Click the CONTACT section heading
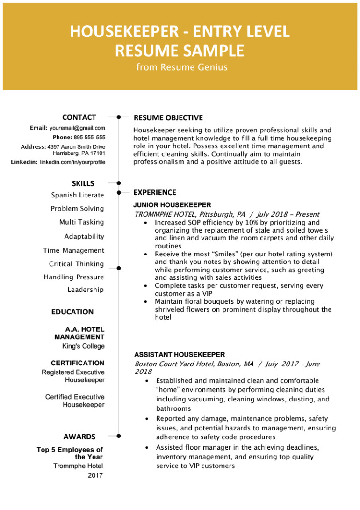pos(79,117)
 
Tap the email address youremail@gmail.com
pos(77,128)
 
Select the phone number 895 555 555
pos(88,138)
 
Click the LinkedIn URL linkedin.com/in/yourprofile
pos(72,162)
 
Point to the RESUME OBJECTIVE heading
pos(168,117)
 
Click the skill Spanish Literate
pos(78,195)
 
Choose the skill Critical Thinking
pos(76,264)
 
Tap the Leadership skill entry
pos(86,290)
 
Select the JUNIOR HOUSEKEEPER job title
pos(172,204)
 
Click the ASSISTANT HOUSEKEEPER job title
pos(179,354)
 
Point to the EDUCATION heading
pos(72,312)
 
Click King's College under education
pos(83,346)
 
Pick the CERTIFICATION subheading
pos(78,363)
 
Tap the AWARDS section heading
pos(79,437)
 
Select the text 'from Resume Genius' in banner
pos(181,67)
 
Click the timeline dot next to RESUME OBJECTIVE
pos(119,117)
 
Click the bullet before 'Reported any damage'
pos(147,418)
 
